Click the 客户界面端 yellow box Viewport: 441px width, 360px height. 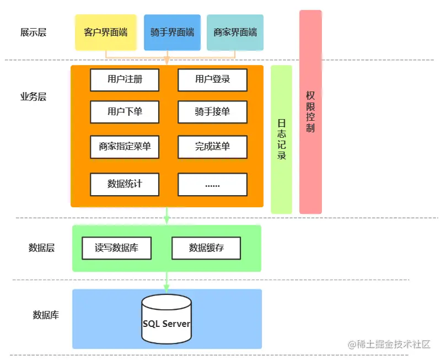coord(105,33)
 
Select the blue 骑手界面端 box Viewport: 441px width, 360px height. coord(172,33)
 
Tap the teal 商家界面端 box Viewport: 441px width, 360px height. coord(235,33)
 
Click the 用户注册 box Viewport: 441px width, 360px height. coord(125,79)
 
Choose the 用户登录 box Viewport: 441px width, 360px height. coord(212,79)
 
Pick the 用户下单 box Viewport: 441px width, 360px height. coord(125,112)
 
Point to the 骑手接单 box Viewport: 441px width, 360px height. coord(212,112)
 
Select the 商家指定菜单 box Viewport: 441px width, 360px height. coord(125,147)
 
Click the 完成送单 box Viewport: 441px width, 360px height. coord(212,147)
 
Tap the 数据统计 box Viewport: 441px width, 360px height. coord(125,184)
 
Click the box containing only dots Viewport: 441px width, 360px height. coord(212,184)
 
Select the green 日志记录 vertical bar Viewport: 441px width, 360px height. coord(281,139)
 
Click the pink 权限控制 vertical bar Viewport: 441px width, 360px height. coord(310,112)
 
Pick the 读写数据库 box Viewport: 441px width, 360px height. coord(116,248)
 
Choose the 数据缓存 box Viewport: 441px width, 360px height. coord(206,248)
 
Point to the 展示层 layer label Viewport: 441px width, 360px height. coord(33,33)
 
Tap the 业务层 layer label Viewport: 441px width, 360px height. coord(33,97)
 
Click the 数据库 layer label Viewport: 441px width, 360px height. coord(46,315)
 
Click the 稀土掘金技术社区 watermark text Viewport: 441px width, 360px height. coord(389,344)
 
